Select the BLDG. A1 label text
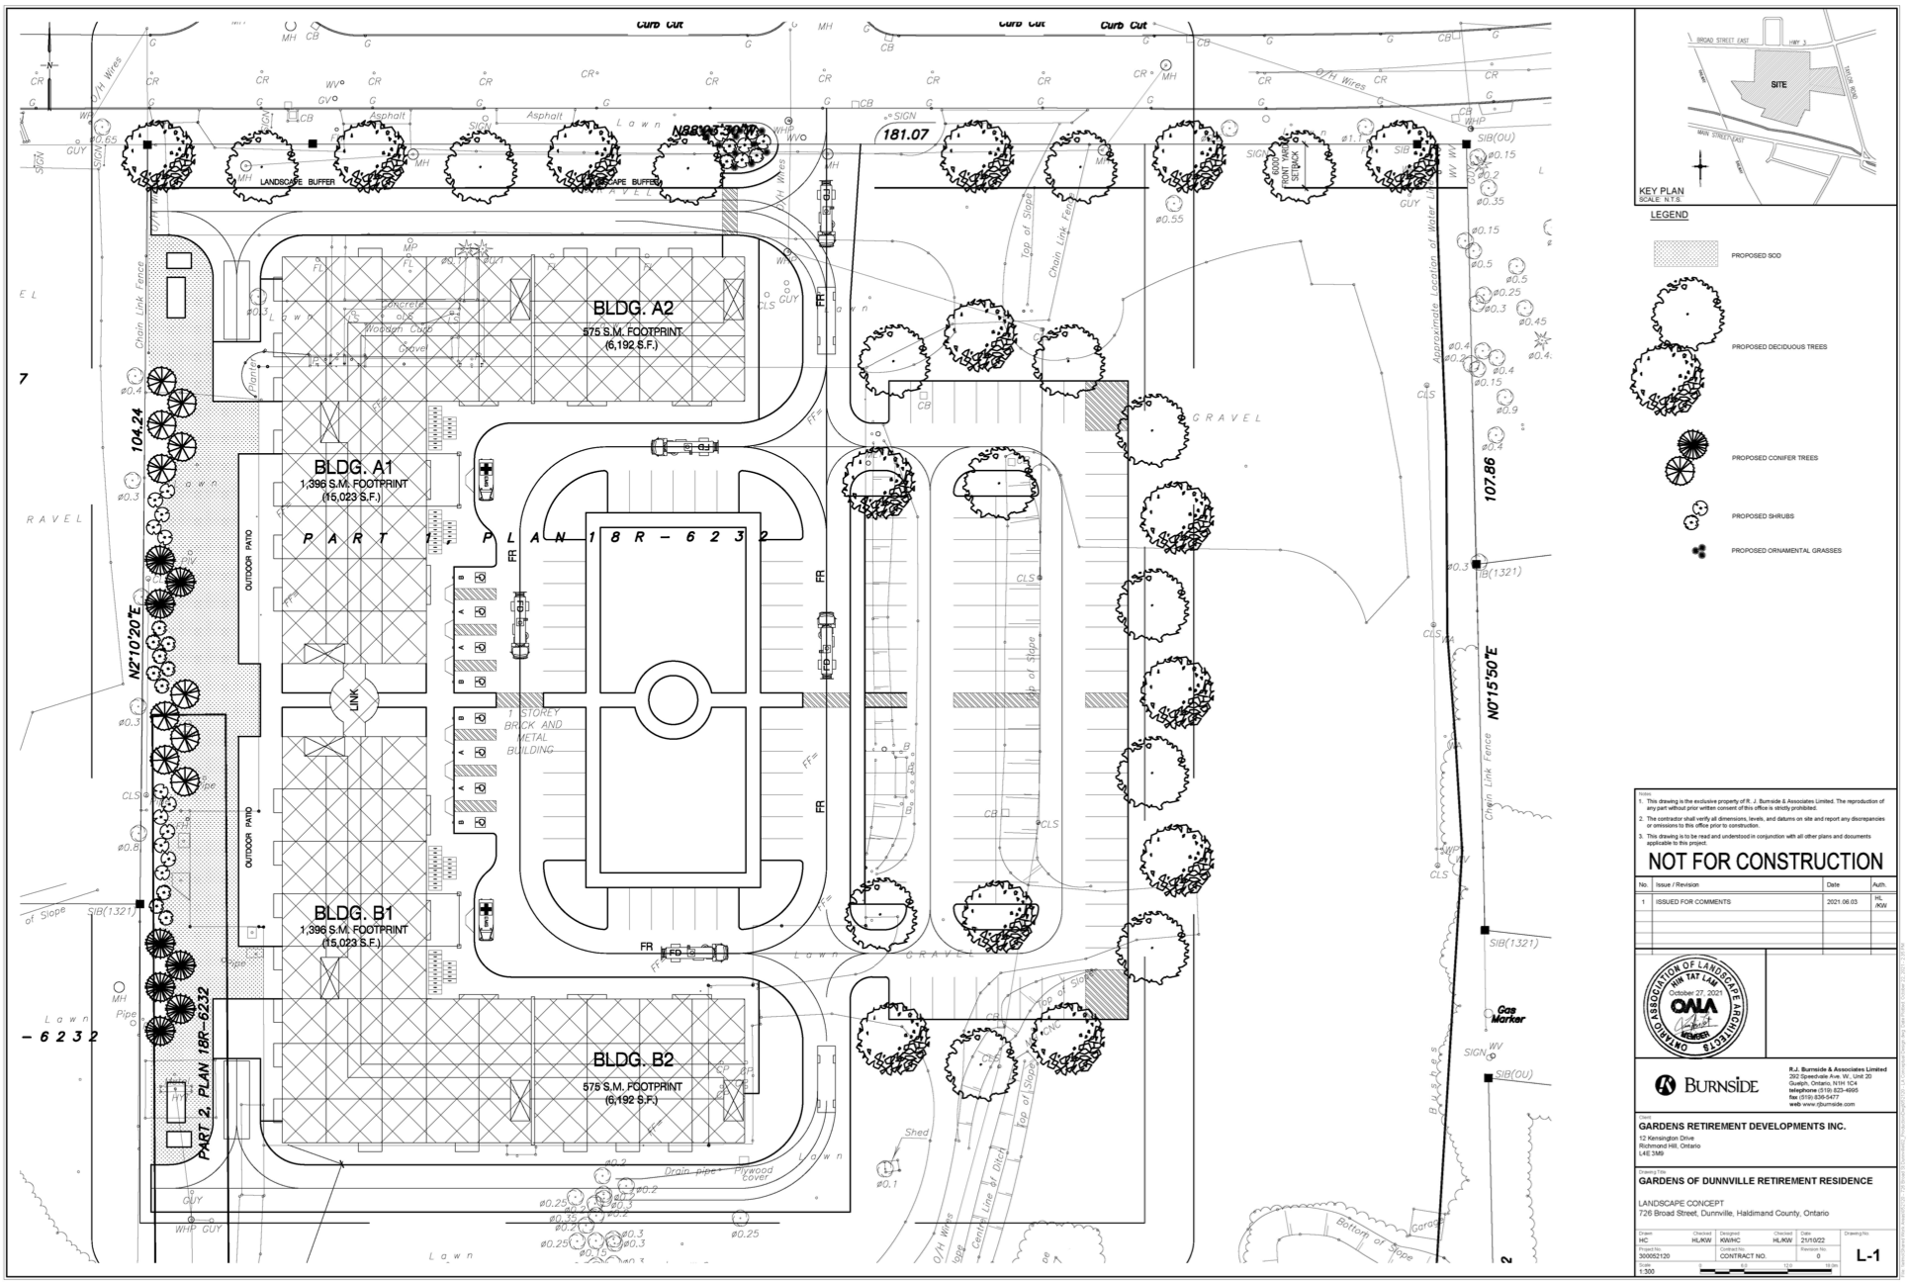(x=354, y=467)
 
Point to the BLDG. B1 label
(x=354, y=912)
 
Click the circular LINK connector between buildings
(x=354, y=700)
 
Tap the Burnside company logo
(x=1707, y=1086)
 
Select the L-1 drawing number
(x=1866, y=1257)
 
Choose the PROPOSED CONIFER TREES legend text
(x=1774, y=458)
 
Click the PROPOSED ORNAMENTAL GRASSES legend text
(x=1785, y=550)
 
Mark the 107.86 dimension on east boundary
(x=1491, y=478)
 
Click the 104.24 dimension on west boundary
(x=137, y=431)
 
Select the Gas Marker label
(x=1508, y=1015)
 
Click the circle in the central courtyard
(x=673, y=700)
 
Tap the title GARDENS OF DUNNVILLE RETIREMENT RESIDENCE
(x=1755, y=1181)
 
